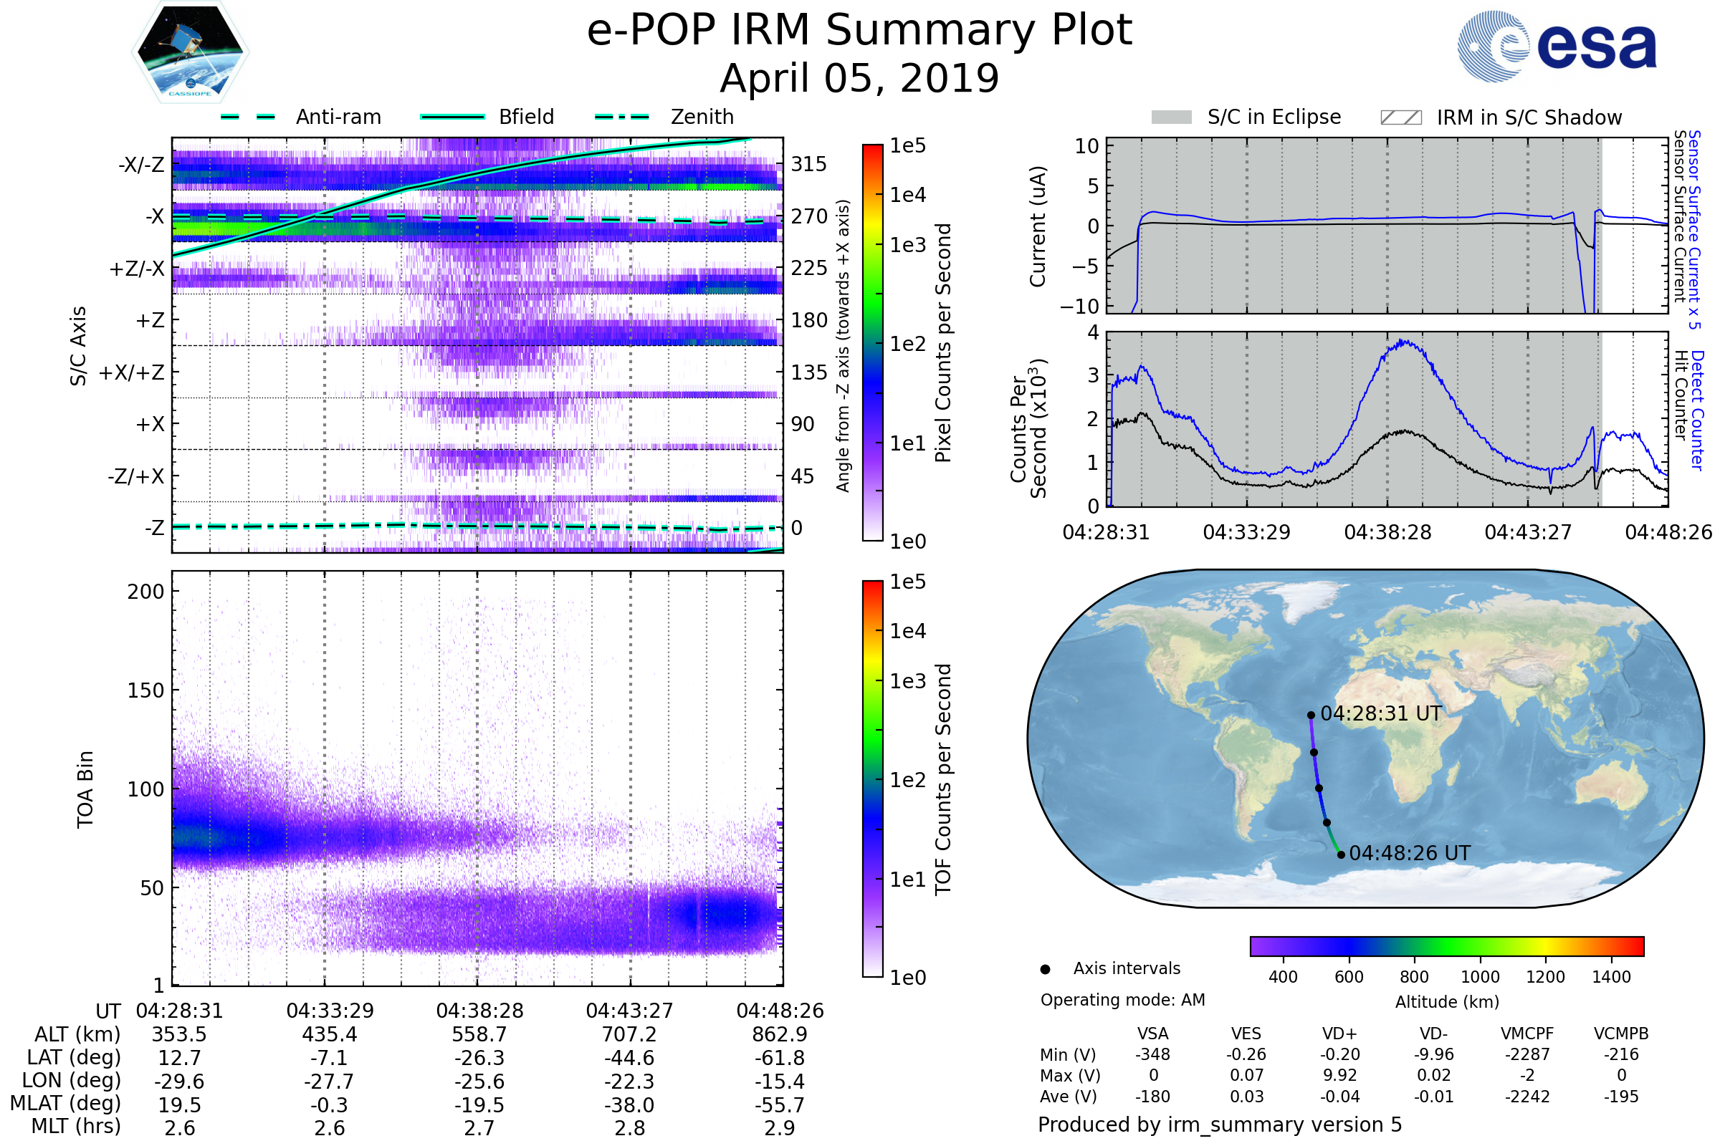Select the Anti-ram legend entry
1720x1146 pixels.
pos(338,117)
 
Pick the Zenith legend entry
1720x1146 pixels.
pos(702,117)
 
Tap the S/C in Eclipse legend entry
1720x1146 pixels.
pos(1274,117)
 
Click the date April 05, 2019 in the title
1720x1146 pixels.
pos(859,78)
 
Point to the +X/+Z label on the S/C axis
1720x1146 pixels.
pos(132,372)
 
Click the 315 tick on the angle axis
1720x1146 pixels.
pos(809,164)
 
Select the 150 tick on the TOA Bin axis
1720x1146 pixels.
pos(145,690)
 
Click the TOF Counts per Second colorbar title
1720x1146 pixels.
pos(943,779)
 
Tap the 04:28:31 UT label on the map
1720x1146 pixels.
pos(1381,714)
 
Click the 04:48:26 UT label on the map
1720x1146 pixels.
pos(1409,853)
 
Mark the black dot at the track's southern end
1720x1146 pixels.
pos(1340,854)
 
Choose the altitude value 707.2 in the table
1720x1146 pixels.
pos(630,1034)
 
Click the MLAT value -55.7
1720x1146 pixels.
pos(780,1104)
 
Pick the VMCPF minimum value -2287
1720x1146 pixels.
pos(1527,1054)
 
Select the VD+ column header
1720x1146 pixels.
pos(1339,1034)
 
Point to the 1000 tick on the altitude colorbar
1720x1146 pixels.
pos(1479,977)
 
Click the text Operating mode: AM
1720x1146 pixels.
pos(1122,1000)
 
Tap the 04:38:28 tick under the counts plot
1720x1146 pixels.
pos(1387,532)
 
